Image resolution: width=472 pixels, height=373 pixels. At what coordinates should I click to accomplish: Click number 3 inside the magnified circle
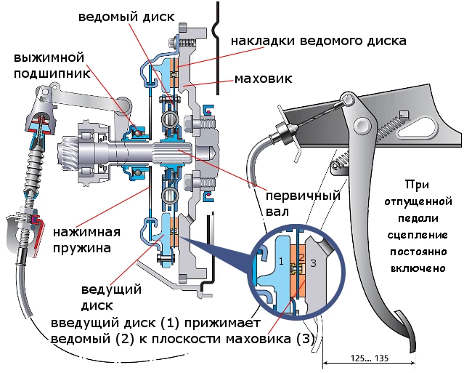pyautogui.click(x=313, y=263)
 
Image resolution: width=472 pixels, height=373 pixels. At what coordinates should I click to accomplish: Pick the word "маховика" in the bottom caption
pyautogui.click(x=262, y=339)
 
